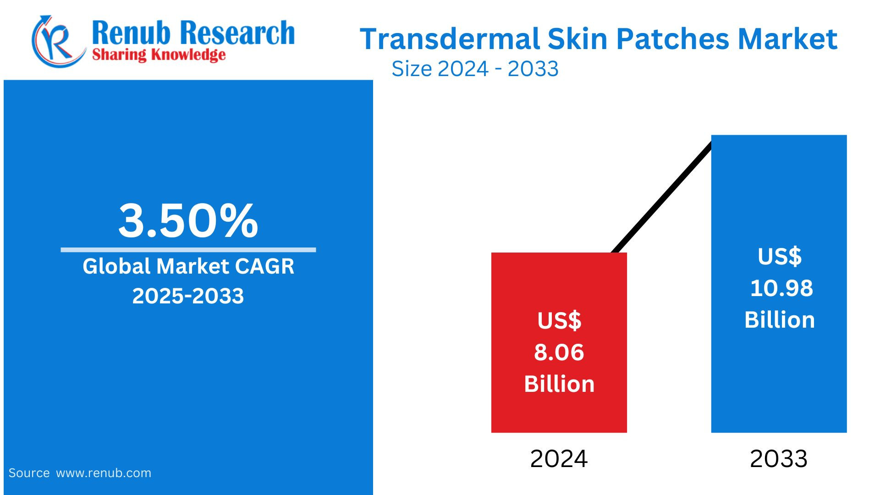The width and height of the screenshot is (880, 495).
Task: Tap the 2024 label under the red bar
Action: (559, 459)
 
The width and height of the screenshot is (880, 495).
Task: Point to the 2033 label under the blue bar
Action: (778, 459)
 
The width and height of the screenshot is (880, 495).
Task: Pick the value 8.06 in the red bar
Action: (559, 352)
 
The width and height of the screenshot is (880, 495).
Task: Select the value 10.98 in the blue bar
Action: (781, 288)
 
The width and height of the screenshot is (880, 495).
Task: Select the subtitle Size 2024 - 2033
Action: (475, 69)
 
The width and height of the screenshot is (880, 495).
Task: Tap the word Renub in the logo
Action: (131, 33)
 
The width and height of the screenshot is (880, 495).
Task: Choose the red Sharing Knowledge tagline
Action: (159, 55)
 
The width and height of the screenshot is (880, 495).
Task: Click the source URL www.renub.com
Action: (104, 473)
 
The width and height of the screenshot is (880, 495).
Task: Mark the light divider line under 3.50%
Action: (188, 250)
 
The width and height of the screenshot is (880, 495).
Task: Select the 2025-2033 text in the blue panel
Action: (188, 296)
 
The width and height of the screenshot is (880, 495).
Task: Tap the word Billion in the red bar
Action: (559, 384)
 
